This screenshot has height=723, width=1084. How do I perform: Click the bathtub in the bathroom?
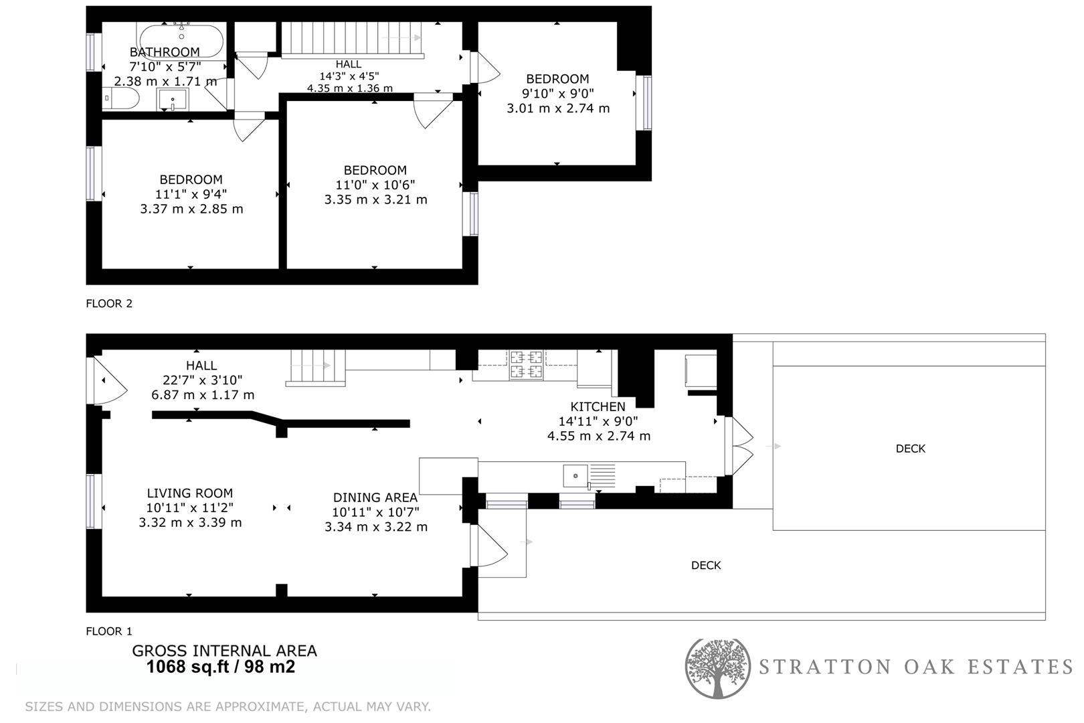point(181,39)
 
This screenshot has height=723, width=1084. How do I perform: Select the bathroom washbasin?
point(173,101)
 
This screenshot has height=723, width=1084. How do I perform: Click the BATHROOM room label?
point(165,52)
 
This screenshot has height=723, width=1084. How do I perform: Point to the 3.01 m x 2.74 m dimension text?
point(558,108)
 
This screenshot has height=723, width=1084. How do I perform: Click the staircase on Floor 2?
point(351,39)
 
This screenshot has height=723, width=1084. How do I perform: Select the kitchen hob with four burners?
point(527,365)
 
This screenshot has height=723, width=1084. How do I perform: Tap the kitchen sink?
point(575,476)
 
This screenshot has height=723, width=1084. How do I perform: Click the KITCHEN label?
point(598,406)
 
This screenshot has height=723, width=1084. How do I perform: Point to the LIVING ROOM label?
point(190,493)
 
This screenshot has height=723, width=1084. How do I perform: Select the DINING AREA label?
point(375,497)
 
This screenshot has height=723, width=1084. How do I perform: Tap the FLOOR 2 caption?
point(109,303)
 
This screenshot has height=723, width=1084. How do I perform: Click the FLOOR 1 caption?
point(109,631)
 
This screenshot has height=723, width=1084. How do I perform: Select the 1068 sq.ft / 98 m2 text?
point(220,667)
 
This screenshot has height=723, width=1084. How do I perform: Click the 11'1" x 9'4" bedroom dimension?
point(191,194)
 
